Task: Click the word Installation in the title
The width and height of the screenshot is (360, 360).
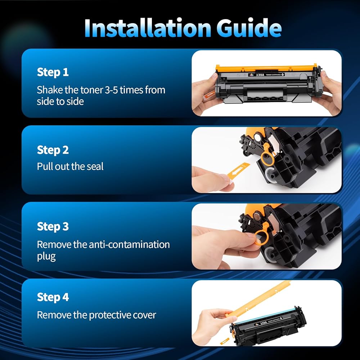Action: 148,28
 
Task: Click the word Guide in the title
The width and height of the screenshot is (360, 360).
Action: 249,28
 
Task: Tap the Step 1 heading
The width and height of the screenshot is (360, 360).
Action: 53,72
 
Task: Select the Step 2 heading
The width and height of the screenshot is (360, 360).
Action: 53,150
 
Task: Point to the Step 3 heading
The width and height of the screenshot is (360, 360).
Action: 53,226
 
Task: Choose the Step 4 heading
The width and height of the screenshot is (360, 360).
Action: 53,297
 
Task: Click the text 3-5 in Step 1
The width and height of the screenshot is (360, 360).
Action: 111,90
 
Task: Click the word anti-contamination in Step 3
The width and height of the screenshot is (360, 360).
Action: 129,244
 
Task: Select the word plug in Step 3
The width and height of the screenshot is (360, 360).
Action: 46,257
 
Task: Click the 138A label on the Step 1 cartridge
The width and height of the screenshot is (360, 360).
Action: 260,75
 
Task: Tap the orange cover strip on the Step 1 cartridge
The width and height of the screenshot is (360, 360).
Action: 266,68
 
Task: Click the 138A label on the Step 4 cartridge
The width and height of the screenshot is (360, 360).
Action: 264,323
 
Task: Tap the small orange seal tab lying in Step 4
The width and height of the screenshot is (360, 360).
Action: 225,341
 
